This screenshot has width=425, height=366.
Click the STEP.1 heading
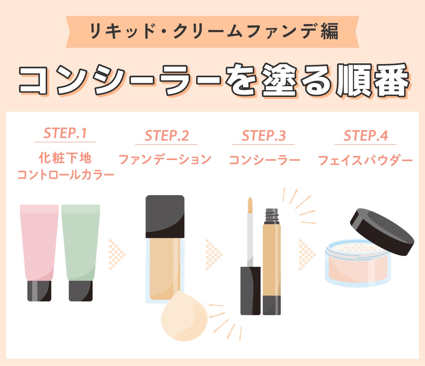coord(65,133)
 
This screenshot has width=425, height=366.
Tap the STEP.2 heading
coord(167,136)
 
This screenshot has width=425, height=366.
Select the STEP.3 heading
coord(264,136)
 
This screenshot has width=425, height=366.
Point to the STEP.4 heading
coord(365,136)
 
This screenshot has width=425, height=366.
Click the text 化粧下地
coord(65,158)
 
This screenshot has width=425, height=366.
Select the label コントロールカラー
coord(66,175)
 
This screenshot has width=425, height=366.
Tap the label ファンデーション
coord(165,160)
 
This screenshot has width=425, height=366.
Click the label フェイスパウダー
coord(365,160)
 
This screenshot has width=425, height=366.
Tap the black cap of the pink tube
coord(39,291)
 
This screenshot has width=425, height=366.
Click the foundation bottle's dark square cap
coord(165,216)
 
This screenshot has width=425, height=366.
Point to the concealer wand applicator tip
coord(250,205)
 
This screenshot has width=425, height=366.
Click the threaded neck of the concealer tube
coord(272,216)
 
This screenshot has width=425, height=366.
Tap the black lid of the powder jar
coord(382,232)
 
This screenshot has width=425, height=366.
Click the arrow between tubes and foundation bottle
coord(117,255)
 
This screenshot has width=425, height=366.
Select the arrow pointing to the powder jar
coord(307,255)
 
